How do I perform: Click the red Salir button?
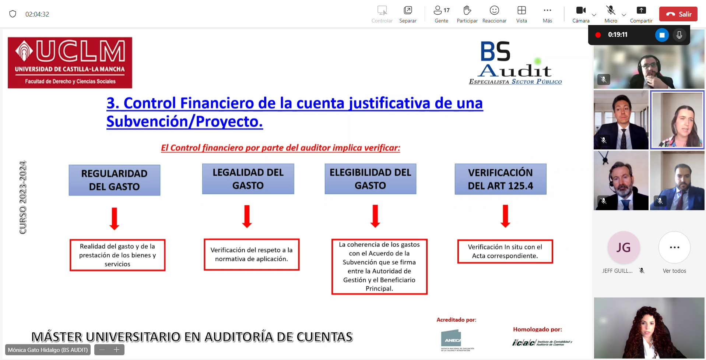pyautogui.click(x=678, y=14)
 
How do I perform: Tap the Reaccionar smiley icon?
pyautogui.click(x=494, y=10)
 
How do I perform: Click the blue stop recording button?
pyautogui.click(x=662, y=35)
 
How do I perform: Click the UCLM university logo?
pyautogui.click(x=70, y=63)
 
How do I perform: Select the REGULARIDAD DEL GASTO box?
pyautogui.click(x=115, y=180)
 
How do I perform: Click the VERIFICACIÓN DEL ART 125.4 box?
pyautogui.click(x=500, y=179)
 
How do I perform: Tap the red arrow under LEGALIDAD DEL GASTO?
pyautogui.click(x=247, y=216)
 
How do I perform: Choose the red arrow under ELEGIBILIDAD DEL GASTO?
pyautogui.click(x=375, y=216)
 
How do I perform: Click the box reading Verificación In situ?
pyautogui.click(x=505, y=251)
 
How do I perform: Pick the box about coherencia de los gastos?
pyautogui.click(x=379, y=267)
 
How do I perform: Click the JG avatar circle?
pyautogui.click(x=624, y=247)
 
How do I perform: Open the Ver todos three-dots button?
pyautogui.click(x=674, y=247)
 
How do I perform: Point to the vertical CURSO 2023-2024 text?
pyautogui.click(x=23, y=197)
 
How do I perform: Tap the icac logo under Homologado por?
pyautogui.click(x=541, y=343)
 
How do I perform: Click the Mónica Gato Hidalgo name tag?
pyautogui.click(x=48, y=350)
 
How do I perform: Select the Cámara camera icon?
pyautogui.click(x=580, y=10)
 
